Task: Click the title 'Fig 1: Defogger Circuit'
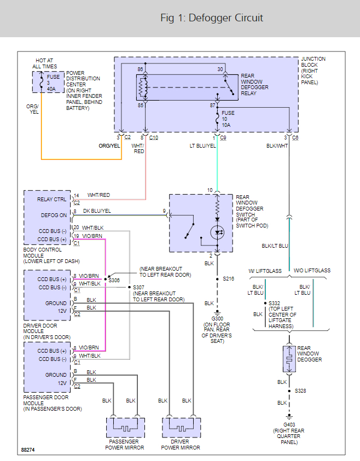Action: tap(212, 18)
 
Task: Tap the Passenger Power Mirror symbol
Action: tap(124, 425)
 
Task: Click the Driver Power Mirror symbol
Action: tap(180, 425)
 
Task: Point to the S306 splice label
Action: tap(114, 280)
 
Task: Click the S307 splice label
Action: tap(138, 288)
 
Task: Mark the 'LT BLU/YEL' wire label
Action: tap(202, 146)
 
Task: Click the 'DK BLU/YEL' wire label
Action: tap(97, 211)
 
